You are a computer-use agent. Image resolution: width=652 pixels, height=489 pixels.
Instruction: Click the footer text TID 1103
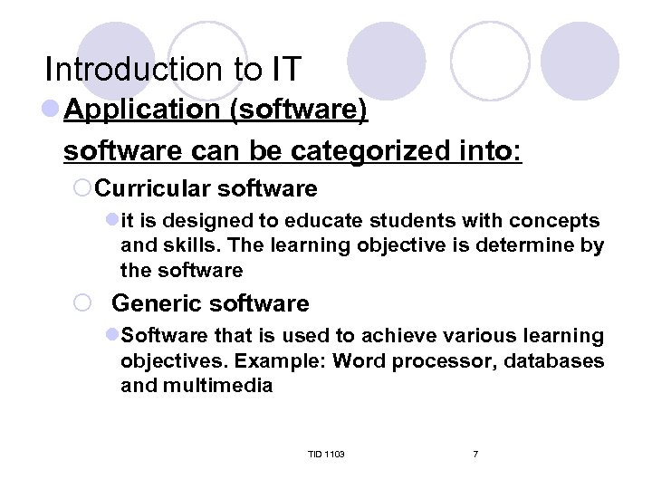[x=326, y=454]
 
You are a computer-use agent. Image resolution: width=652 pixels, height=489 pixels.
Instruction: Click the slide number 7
[x=475, y=454]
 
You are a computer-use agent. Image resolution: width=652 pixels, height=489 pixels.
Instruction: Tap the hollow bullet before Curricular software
[x=81, y=189]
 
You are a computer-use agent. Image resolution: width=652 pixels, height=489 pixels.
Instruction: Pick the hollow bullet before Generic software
[x=81, y=304]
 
